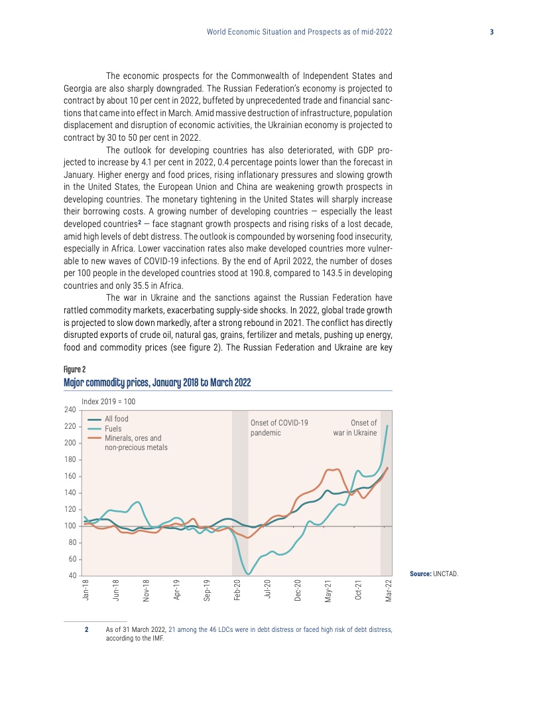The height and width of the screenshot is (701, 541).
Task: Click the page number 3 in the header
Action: pos(491,32)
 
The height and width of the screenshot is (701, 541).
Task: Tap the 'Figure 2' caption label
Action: pos(74,369)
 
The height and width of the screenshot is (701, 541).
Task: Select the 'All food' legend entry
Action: pos(117,419)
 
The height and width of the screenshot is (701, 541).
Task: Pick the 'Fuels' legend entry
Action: pos(113,429)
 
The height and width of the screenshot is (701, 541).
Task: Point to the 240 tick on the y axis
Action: pos(70,410)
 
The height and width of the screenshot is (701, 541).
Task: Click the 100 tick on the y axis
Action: pos(70,526)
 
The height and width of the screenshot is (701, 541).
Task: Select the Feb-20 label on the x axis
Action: pos(237,590)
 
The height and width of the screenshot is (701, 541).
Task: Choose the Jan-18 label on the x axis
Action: pos(86,590)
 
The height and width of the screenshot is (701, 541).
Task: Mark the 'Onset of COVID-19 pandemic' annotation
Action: pos(279,428)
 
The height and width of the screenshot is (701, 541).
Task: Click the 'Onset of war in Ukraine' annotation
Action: pos(355,428)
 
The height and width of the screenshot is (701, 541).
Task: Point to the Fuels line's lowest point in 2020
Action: pos(249,574)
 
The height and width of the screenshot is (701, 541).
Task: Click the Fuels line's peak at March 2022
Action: pos(388,426)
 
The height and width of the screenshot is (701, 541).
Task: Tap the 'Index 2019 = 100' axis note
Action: pos(108,402)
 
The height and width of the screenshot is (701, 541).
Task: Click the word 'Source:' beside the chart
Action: pos(420,572)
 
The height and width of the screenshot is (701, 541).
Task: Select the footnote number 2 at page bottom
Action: pos(86,629)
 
